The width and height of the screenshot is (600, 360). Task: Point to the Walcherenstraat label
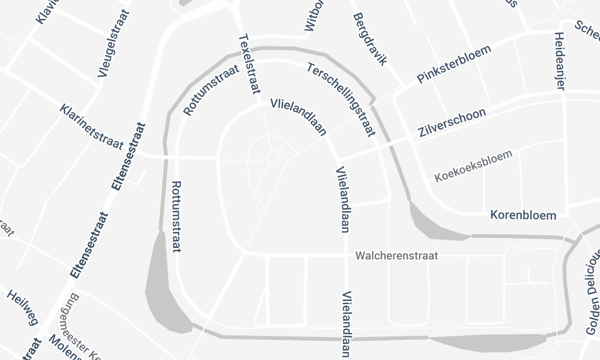[398, 256]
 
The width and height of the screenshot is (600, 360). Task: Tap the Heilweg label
[21, 307]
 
